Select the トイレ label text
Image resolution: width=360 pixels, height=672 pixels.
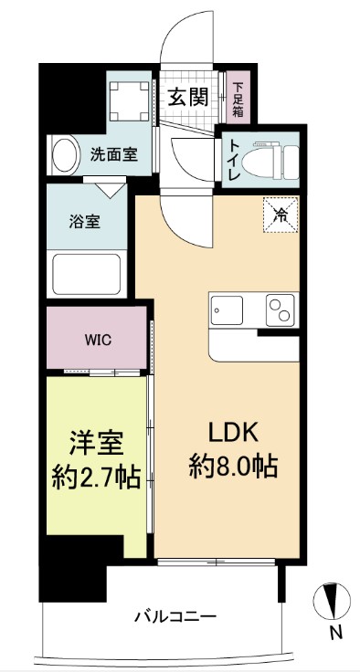pos(234,159)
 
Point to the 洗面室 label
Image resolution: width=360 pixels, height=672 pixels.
pos(113,154)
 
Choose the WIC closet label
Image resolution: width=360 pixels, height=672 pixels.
pos(97,339)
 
